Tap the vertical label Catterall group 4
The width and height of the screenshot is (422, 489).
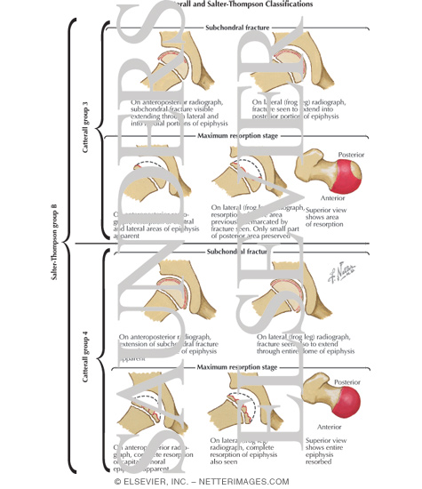[x=87, y=357]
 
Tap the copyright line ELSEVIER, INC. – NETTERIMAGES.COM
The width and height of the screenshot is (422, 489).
[x=210, y=481]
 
